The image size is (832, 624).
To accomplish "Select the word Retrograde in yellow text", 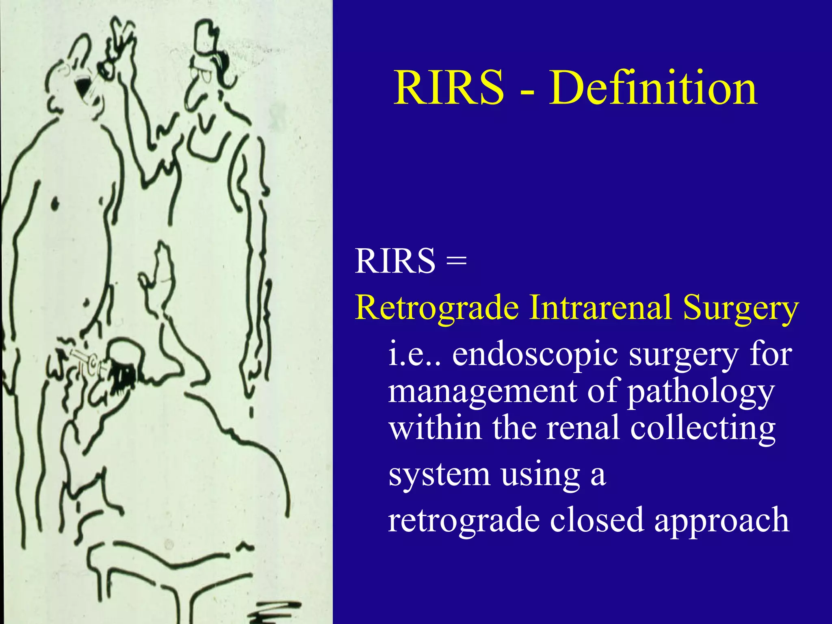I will (x=437, y=308).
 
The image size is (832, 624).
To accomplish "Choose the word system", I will (x=439, y=475).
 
